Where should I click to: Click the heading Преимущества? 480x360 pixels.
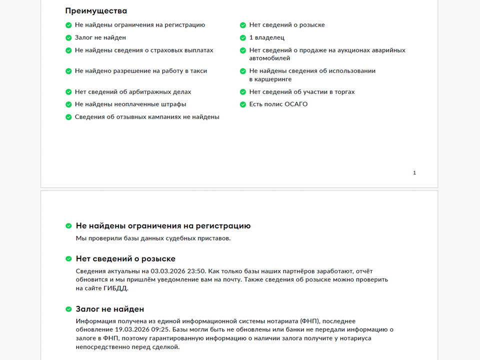96,11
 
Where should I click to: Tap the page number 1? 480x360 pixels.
414,173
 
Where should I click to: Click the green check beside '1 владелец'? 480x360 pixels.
243,37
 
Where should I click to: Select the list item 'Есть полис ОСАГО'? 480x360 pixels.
278,104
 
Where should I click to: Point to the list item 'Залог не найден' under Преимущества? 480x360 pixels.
100,37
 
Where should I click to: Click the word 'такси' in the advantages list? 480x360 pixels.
198,71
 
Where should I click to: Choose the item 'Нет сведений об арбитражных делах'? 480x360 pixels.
132,92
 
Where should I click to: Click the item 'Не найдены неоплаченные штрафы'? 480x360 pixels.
130,104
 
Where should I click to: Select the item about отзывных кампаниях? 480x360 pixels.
146,117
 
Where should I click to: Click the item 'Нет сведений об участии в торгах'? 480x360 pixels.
301,92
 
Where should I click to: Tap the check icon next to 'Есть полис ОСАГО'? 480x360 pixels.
243,104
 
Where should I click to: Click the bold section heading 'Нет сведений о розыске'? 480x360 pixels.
125,259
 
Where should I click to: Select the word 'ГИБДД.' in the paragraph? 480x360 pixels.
117,288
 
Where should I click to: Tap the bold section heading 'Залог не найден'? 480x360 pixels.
110,309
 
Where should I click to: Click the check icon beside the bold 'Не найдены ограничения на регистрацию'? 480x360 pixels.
68,226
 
